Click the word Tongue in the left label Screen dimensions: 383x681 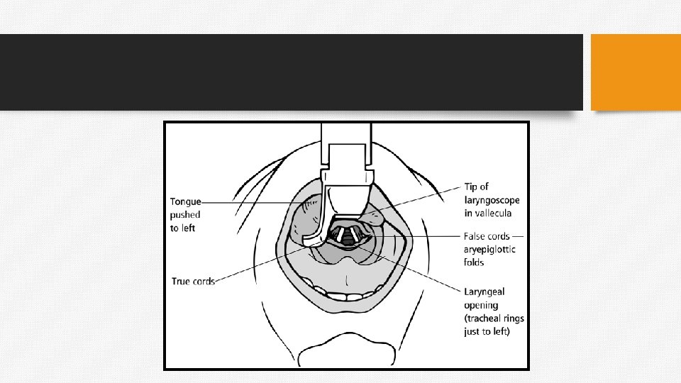[x=185, y=202]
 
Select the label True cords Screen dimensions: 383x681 [x=193, y=281]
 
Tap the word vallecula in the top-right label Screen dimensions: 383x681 [x=489, y=213]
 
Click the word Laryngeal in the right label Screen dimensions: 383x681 [x=485, y=292]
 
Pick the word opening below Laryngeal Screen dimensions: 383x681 [x=481, y=305]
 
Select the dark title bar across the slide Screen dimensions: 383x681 [x=291, y=72]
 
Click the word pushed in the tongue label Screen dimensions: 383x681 [x=185, y=215]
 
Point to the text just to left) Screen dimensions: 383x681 [x=487, y=331]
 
